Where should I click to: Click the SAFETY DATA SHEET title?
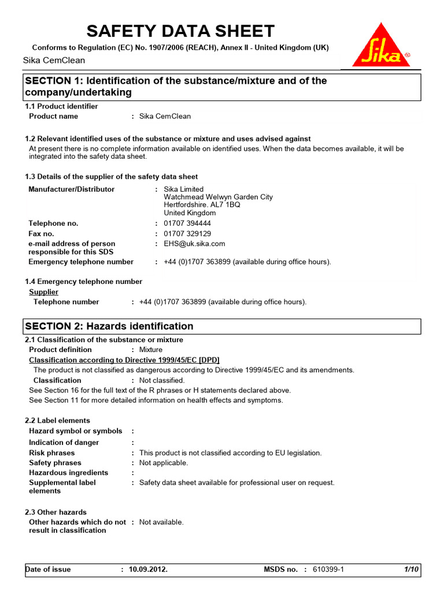pyautogui.click(x=180, y=31)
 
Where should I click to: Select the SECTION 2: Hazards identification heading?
pyautogui.click(x=109, y=326)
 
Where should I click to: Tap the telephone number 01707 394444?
pyautogui.click(x=187, y=223)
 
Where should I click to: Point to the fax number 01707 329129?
pyautogui.click(x=187, y=234)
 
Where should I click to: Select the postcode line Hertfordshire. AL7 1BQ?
pyautogui.click(x=202, y=205)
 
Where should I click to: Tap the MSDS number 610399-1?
pyautogui.click(x=328, y=570)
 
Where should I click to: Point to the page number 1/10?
pyautogui.click(x=411, y=570)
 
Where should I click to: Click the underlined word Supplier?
pyautogui.click(x=44, y=292)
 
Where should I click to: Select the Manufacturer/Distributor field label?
pyautogui.click(x=72, y=189)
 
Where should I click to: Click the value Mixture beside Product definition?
pyautogui.click(x=151, y=350)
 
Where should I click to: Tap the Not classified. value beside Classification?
pyautogui.click(x=162, y=380)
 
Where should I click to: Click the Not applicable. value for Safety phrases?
pyautogui.click(x=164, y=463)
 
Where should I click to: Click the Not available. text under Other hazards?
pyautogui.click(x=161, y=522)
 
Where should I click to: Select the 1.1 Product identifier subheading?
pyautogui.click(x=61, y=106)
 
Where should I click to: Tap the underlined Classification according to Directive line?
pyautogui.click(x=124, y=360)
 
